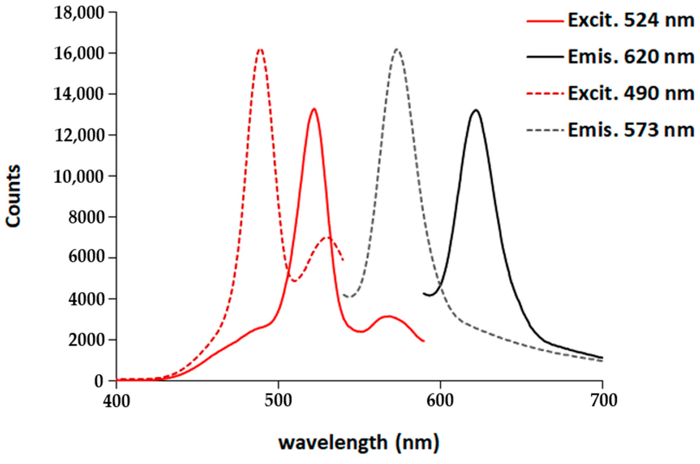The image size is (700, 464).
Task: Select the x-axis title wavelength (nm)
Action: click(x=358, y=443)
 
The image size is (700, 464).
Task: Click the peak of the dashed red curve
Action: click(x=260, y=48)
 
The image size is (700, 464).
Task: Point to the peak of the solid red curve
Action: click(x=314, y=109)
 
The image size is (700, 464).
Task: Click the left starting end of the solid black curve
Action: click(x=423, y=294)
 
